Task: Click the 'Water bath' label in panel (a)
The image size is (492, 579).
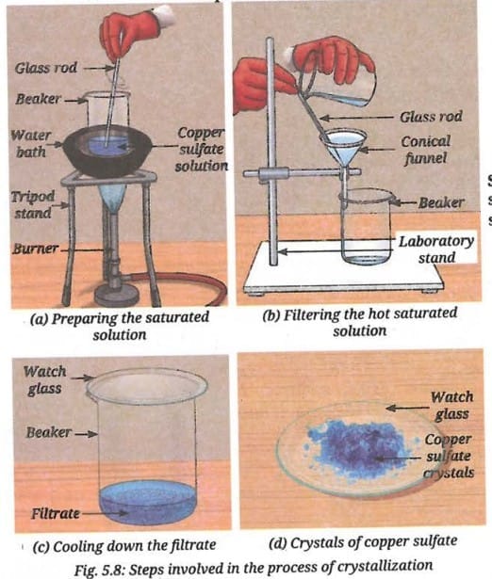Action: click(31, 143)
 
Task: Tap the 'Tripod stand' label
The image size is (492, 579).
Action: click(33, 204)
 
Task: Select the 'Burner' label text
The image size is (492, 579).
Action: click(36, 249)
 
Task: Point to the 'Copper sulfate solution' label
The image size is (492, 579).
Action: click(202, 150)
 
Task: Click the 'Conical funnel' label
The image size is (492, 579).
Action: click(426, 150)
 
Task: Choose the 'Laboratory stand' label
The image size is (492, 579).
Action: click(436, 249)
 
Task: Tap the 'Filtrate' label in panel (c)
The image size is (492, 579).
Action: click(56, 514)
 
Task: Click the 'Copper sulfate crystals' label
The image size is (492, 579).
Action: click(449, 456)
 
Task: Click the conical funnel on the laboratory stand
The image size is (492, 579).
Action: click(344, 152)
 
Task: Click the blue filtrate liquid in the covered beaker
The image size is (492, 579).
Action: click(148, 502)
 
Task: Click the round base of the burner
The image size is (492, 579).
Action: click(117, 296)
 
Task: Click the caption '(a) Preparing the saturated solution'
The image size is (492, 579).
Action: click(120, 326)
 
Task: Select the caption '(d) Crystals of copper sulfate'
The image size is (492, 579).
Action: click(363, 542)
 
